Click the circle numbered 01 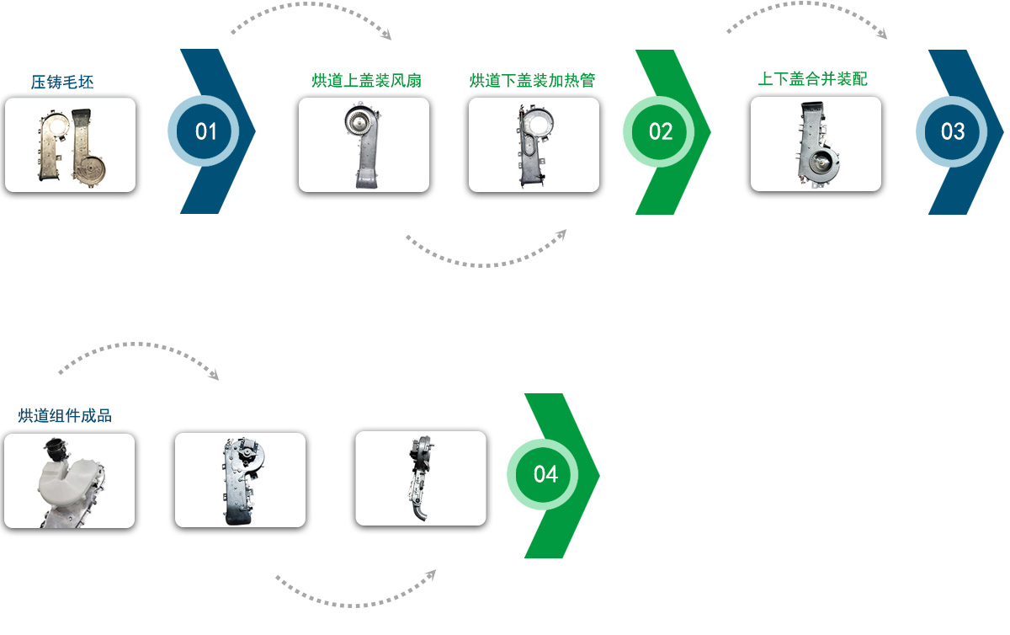pyautogui.click(x=204, y=131)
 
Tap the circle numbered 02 pyautogui.click(x=659, y=131)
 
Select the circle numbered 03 pyautogui.click(x=951, y=131)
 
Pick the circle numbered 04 pyautogui.click(x=543, y=474)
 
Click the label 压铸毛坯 pyautogui.click(x=62, y=83)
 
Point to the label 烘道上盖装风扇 pyautogui.click(x=367, y=81)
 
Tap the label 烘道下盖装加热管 pyautogui.click(x=532, y=81)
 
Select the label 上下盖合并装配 pyautogui.click(x=813, y=79)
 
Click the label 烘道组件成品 pyautogui.click(x=65, y=416)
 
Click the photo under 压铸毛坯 pyautogui.click(x=71, y=145)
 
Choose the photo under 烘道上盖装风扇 pyautogui.click(x=364, y=145)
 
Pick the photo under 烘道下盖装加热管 pyautogui.click(x=534, y=145)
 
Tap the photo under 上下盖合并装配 pyautogui.click(x=816, y=144)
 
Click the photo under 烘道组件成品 pyautogui.click(x=69, y=481)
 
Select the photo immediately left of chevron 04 pyautogui.click(x=421, y=478)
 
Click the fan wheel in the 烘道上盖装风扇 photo pyautogui.click(x=360, y=120)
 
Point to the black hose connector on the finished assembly pyautogui.click(x=56, y=449)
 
